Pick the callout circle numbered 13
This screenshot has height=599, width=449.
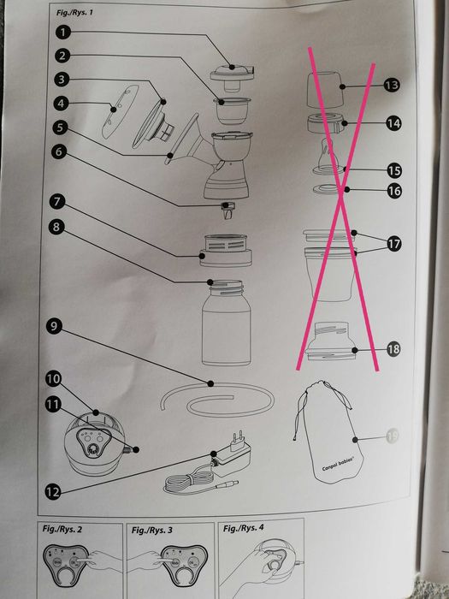click(392, 86)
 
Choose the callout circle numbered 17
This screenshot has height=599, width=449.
click(393, 244)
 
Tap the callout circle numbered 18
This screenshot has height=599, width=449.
click(393, 349)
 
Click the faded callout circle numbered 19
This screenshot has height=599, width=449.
click(393, 435)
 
